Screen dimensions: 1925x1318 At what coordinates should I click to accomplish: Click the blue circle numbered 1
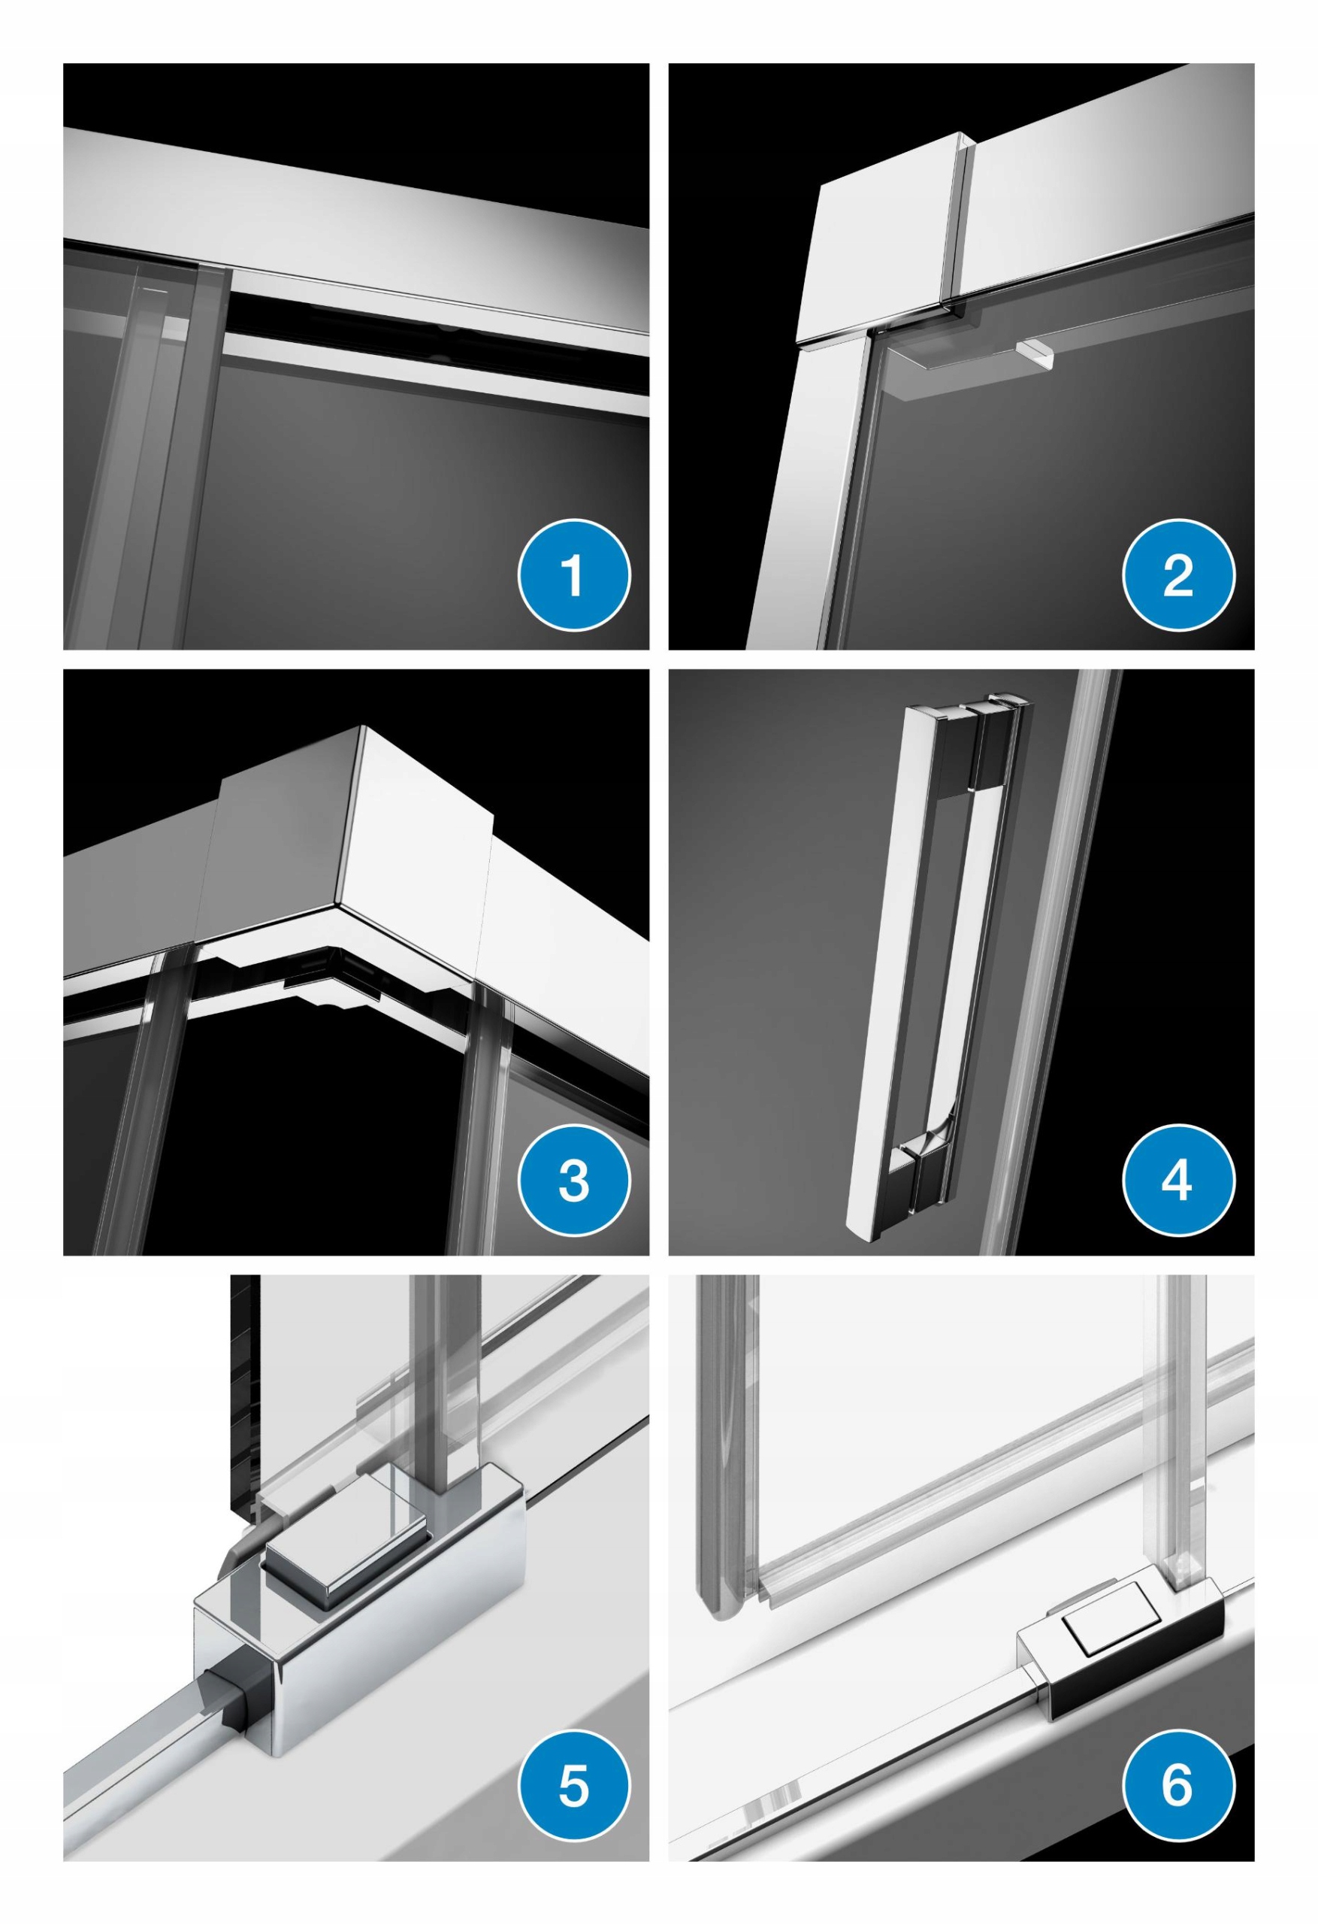tap(574, 577)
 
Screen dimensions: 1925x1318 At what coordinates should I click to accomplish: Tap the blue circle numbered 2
tap(1177, 577)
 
